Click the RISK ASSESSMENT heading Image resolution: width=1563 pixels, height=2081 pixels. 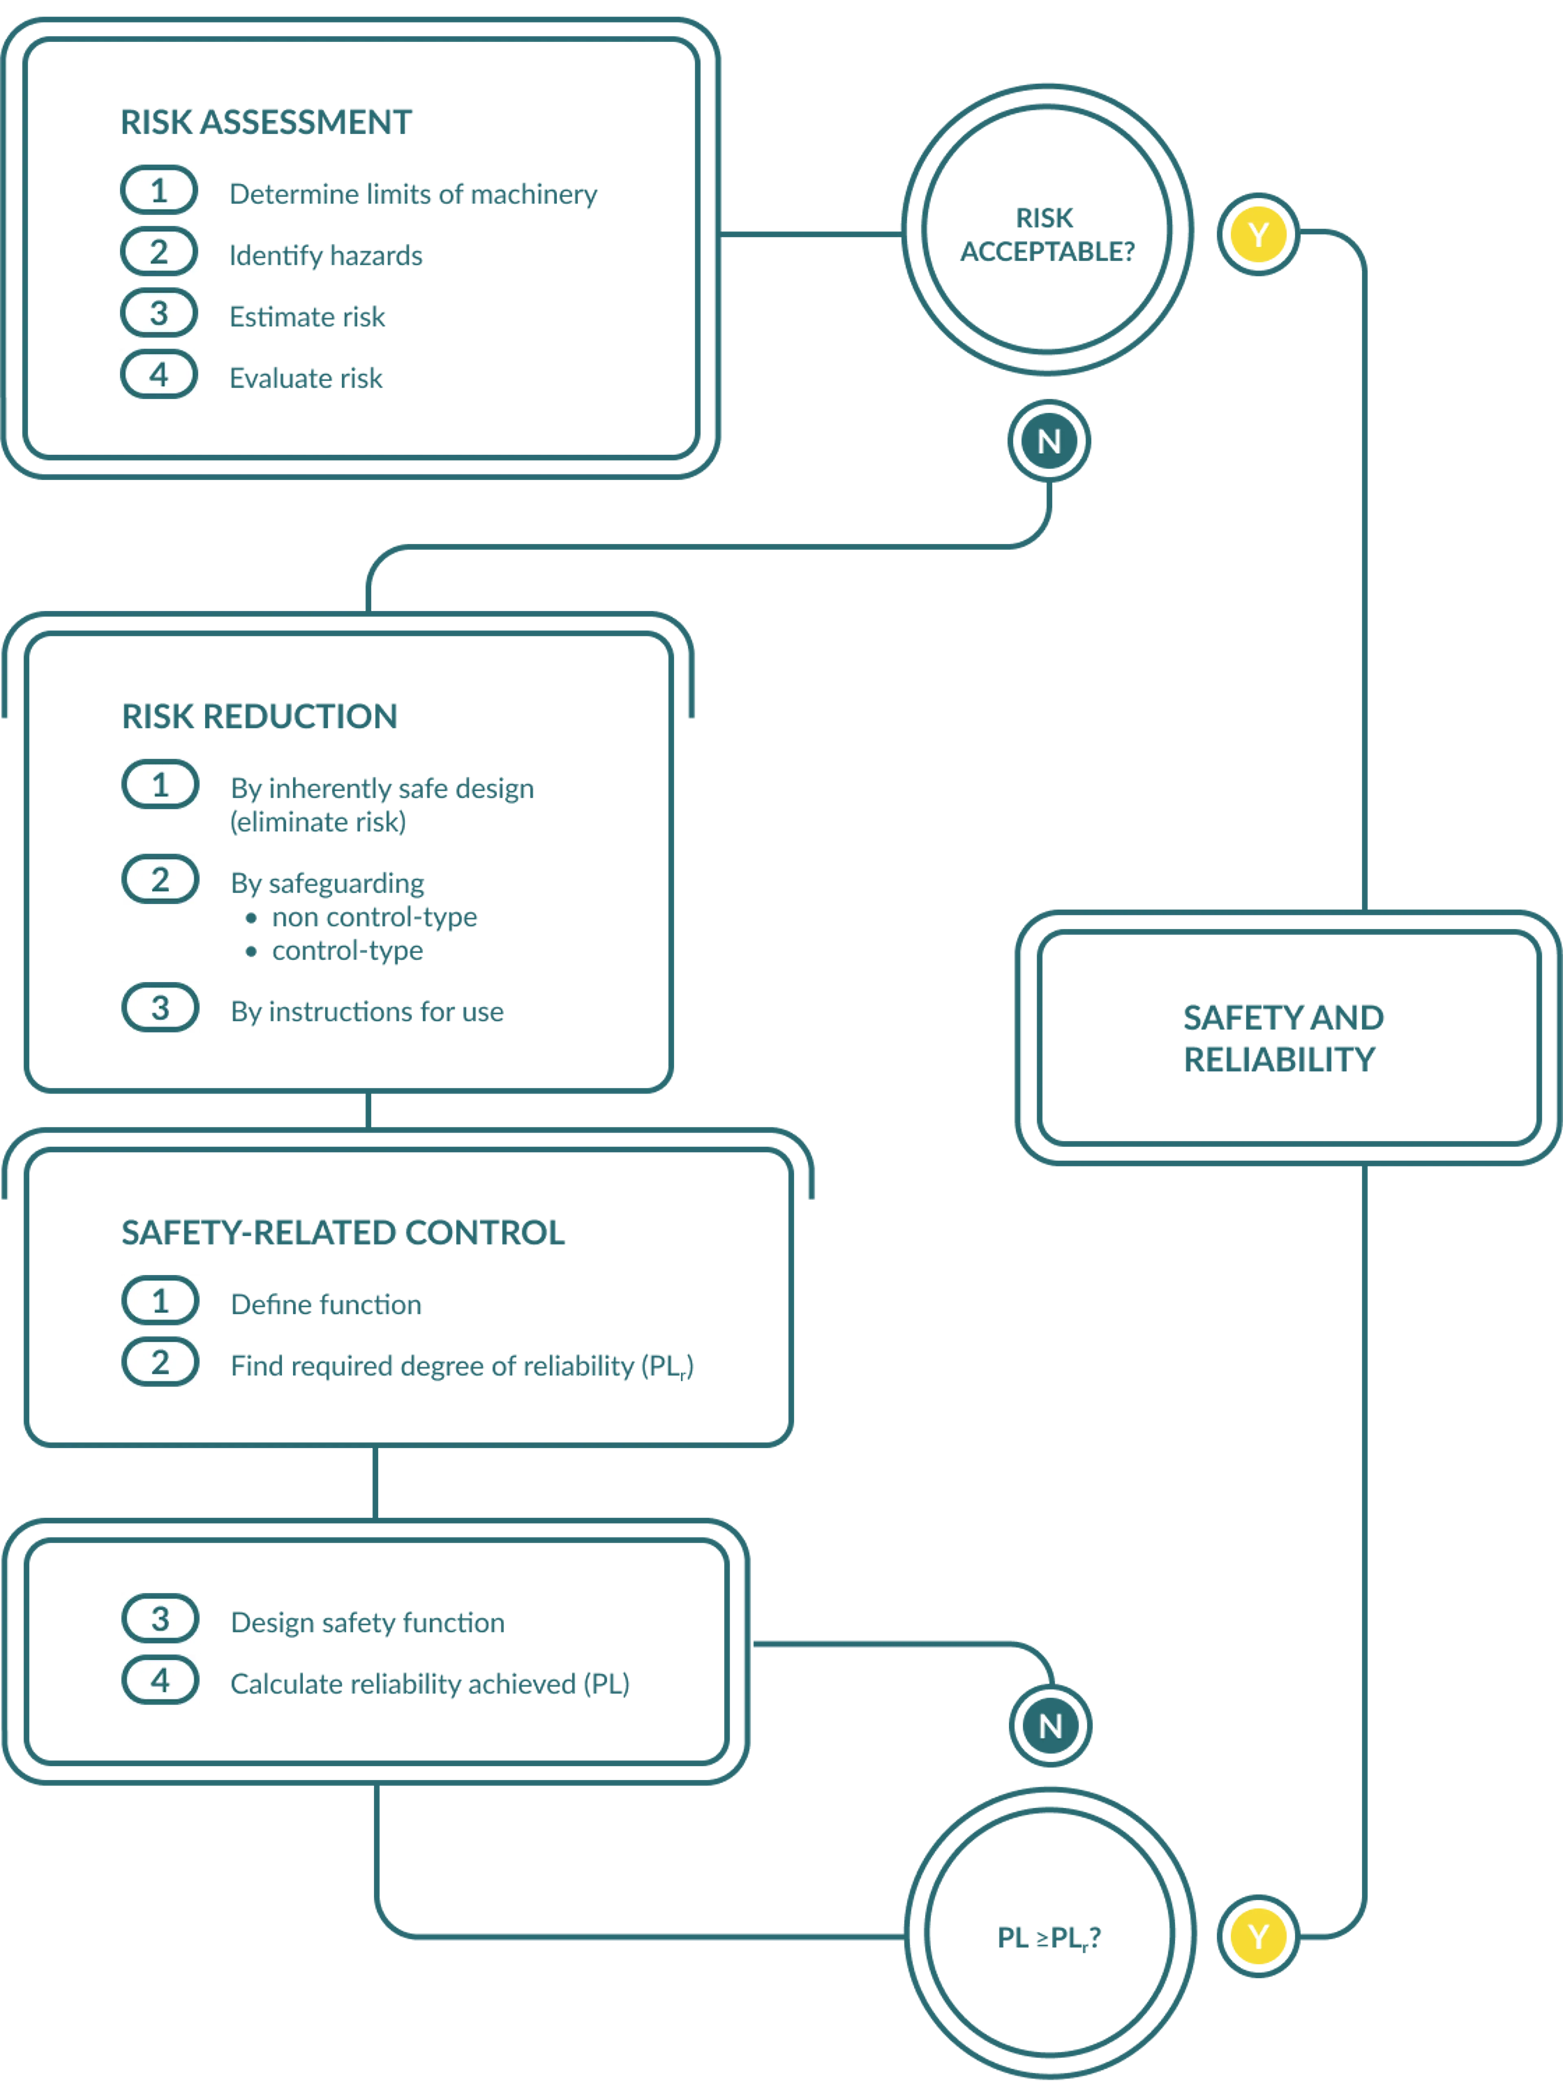pyautogui.click(x=266, y=122)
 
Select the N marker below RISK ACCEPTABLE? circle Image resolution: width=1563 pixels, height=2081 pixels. pyautogui.click(x=1048, y=441)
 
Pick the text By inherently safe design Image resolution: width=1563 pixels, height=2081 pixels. pyautogui.click(x=381, y=789)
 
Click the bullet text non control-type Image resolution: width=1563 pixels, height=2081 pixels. pyautogui.click(x=374, y=917)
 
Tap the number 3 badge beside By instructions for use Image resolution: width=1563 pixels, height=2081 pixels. pyautogui.click(x=160, y=1008)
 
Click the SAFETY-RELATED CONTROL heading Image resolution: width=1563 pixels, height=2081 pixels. pyautogui.click(x=343, y=1232)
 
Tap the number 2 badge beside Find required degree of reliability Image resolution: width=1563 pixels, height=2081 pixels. pyautogui.click(x=160, y=1362)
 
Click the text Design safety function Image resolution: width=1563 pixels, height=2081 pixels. pyautogui.click(x=367, y=1623)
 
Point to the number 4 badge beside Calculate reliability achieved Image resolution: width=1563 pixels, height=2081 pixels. pyautogui.click(x=160, y=1680)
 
